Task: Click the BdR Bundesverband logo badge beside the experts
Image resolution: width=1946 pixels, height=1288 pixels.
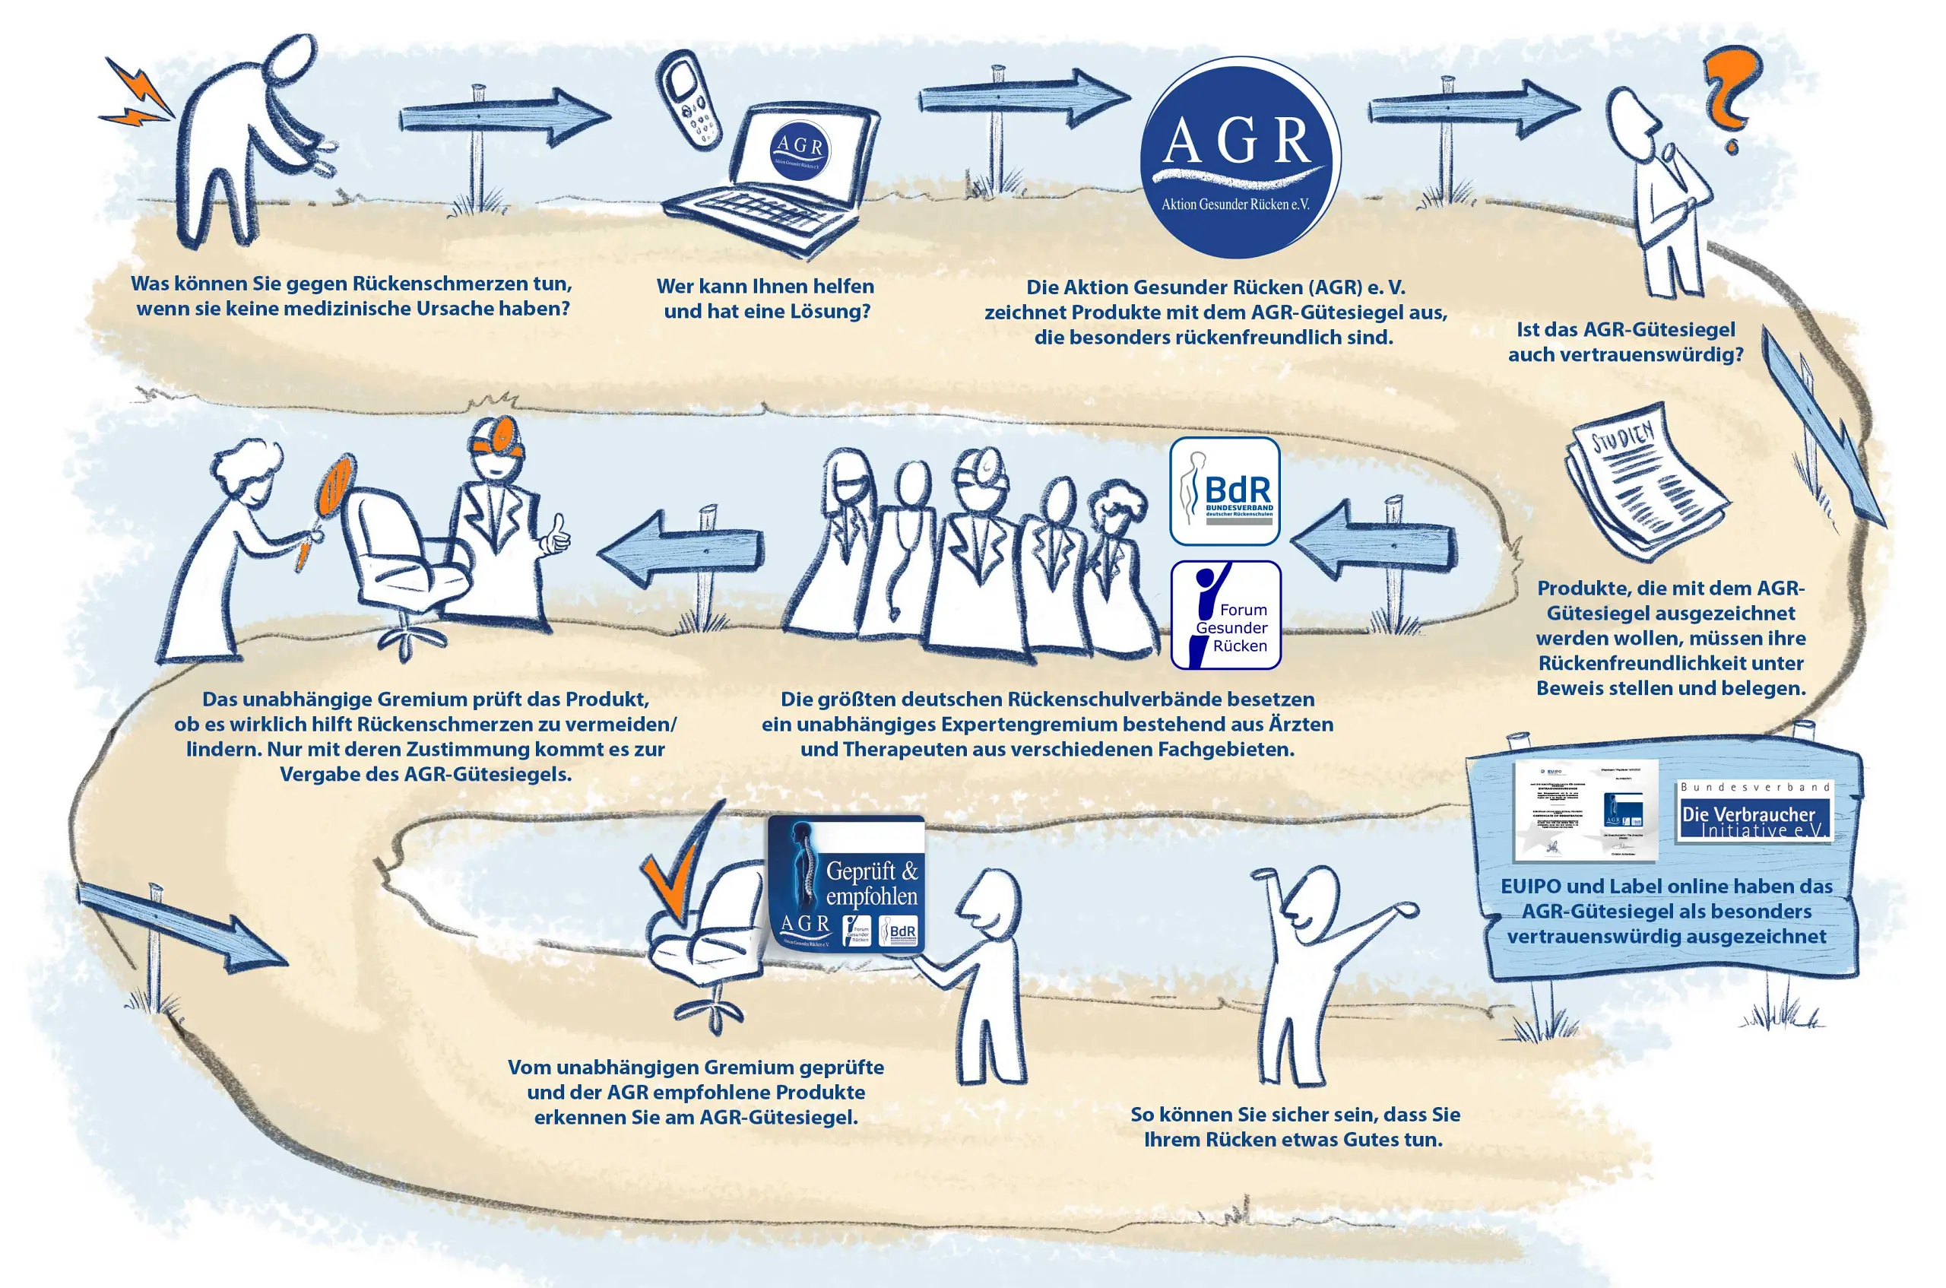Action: coord(1225,491)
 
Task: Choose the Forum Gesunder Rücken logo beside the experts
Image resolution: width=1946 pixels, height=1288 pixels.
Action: coord(1225,614)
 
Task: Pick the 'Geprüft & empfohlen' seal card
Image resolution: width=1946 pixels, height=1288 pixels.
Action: coord(846,886)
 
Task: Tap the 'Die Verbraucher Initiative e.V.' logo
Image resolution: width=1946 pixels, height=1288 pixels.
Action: coord(1754,811)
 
